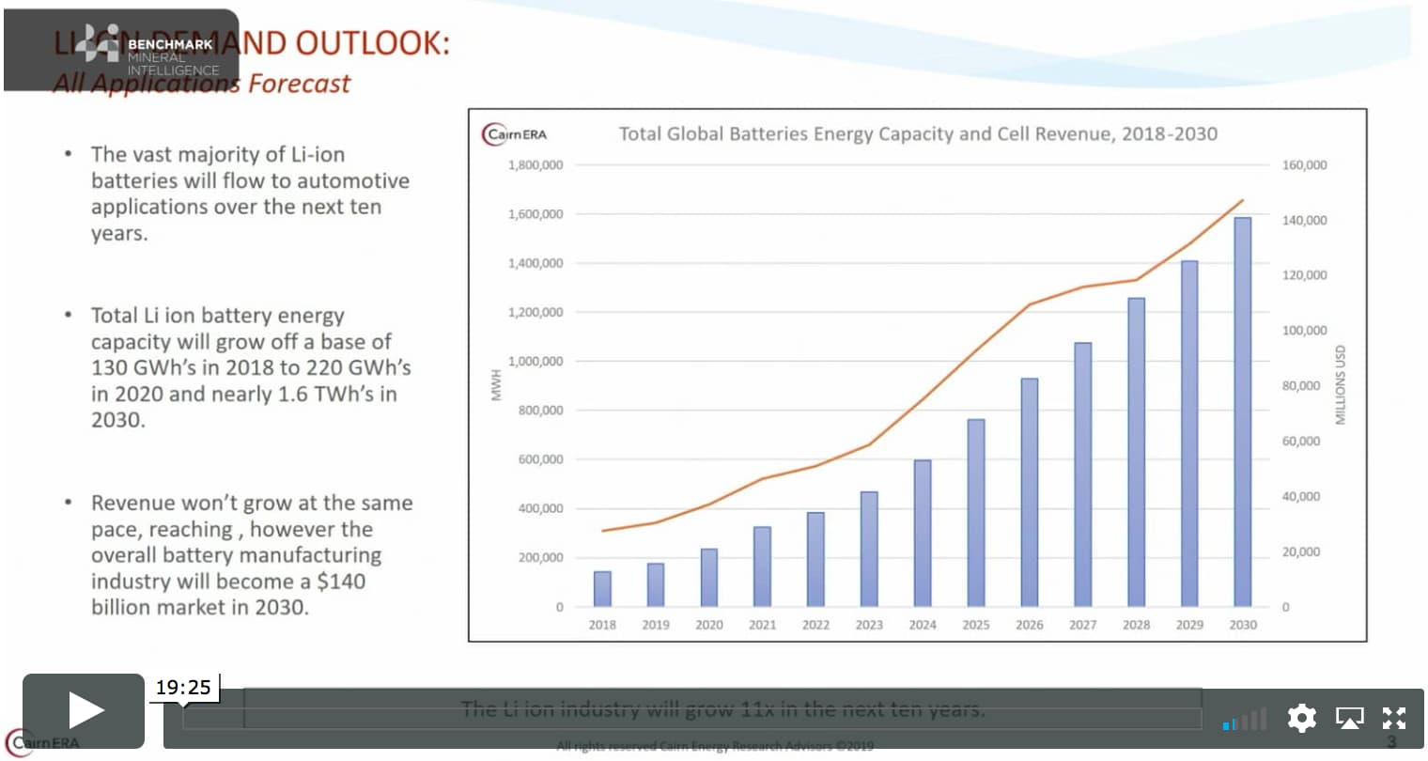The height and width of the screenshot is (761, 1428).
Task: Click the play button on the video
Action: [84, 710]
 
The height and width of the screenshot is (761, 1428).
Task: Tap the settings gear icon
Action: [1301, 719]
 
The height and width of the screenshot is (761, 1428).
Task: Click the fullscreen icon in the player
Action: [1394, 719]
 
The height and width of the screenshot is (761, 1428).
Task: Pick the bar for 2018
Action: [602, 588]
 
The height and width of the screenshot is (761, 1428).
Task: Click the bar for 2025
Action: [976, 512]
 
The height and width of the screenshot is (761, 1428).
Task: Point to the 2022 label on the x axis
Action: [815, 625]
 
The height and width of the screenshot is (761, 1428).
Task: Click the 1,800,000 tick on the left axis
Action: [535, 165]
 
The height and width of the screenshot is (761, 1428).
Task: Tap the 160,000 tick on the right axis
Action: [1304, 165]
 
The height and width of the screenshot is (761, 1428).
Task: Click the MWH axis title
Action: [499, 385]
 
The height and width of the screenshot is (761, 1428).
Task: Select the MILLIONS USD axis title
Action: [1341, 385]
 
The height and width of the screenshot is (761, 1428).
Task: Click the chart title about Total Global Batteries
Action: [917, 134]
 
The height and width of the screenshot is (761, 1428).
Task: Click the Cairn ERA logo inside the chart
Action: [515, 134]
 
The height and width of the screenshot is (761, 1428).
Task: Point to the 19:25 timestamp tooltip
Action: [183, 688]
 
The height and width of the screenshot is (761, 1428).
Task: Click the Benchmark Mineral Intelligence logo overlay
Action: [122, 49]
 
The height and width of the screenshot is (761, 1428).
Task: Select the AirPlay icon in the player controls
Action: [1349, 719]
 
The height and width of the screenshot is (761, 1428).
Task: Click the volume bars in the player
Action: [1245, 721]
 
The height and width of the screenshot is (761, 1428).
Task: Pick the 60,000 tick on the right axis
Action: [1301, 442]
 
